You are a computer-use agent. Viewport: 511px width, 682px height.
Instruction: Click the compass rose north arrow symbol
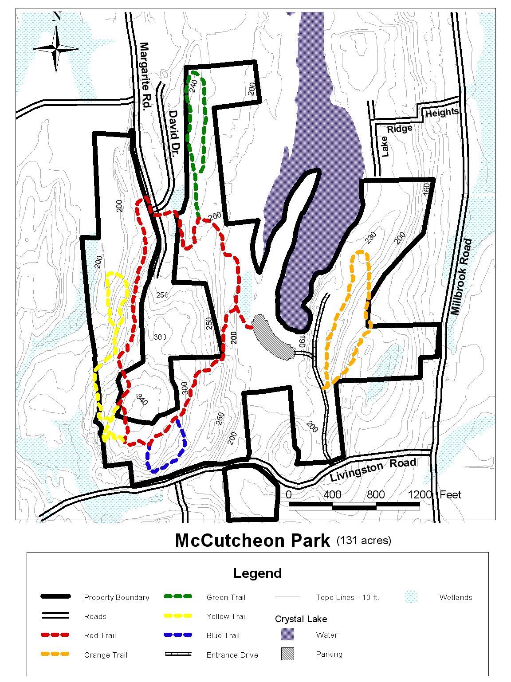click(x=56, y=48)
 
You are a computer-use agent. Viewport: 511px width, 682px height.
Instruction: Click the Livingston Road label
click(x=373, y=470)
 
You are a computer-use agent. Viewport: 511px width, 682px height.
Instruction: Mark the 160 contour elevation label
click(x=427, y=188)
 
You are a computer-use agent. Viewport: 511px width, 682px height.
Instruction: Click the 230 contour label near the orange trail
click(x=370, y=237)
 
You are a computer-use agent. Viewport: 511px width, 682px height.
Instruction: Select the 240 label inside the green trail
click(x=193, y=86)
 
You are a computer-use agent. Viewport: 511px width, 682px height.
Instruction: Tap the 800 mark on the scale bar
click(x=375, y=494)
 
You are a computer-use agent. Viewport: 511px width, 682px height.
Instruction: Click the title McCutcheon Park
click(x=253, y=541)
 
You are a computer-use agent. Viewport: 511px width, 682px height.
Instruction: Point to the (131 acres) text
click(x=364, y=540)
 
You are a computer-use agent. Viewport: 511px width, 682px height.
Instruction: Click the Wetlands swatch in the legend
click(x=411, y=597)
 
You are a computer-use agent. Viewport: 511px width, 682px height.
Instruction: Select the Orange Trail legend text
click(x=106, y=655)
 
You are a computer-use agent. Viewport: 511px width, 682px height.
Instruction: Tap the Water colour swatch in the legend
click(x=287, y=635)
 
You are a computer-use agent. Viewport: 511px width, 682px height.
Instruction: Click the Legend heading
click(x=257, y=573)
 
